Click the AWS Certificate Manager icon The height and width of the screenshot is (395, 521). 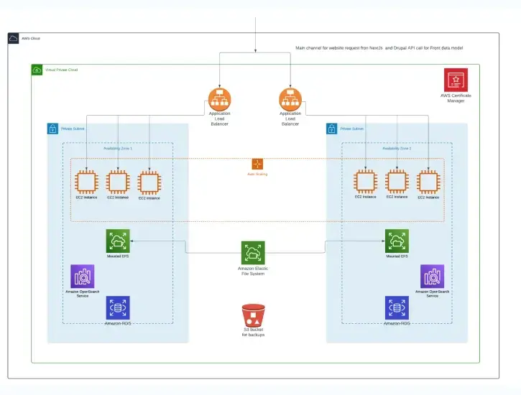(456, 80)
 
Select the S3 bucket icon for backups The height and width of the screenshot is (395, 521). (253, 315)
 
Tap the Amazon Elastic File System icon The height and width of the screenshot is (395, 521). (253, 252)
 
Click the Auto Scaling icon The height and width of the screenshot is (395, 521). (257, 164)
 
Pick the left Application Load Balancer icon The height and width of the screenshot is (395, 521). (219, 98)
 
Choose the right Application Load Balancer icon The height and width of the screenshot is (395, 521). (290, 98)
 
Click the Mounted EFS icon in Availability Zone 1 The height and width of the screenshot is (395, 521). (118, 241)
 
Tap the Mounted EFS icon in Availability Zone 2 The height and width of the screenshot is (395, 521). (397, 241)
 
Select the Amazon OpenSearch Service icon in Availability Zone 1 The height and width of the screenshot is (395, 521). (82, 276)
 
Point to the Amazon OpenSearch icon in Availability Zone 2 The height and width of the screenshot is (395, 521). (432, 276)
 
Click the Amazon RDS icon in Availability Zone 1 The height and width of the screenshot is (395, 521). (118, 307)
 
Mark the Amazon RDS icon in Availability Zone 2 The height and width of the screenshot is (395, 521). (397, 307)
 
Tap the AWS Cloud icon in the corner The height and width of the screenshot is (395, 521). (14, 39)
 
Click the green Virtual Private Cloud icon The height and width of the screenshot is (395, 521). (37, 70)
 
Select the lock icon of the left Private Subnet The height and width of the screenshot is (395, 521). (52, 129)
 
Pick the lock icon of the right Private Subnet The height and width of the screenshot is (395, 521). (331, 129)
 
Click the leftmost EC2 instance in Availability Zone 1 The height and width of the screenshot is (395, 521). (86, 182)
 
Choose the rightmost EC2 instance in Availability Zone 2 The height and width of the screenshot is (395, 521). (428, 182)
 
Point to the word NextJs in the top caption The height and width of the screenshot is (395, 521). (384, 48)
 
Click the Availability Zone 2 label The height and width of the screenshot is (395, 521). (397, 148)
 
